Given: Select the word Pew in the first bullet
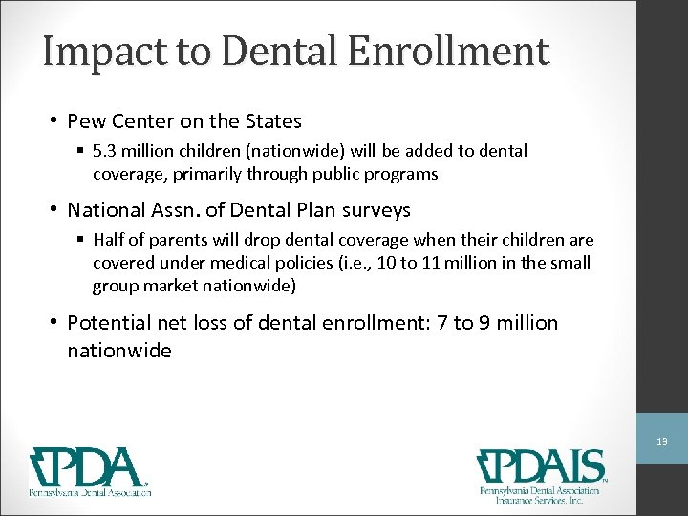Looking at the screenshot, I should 87,121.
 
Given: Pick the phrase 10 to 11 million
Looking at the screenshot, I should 434,263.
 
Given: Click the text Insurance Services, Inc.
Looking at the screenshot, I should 540,499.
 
